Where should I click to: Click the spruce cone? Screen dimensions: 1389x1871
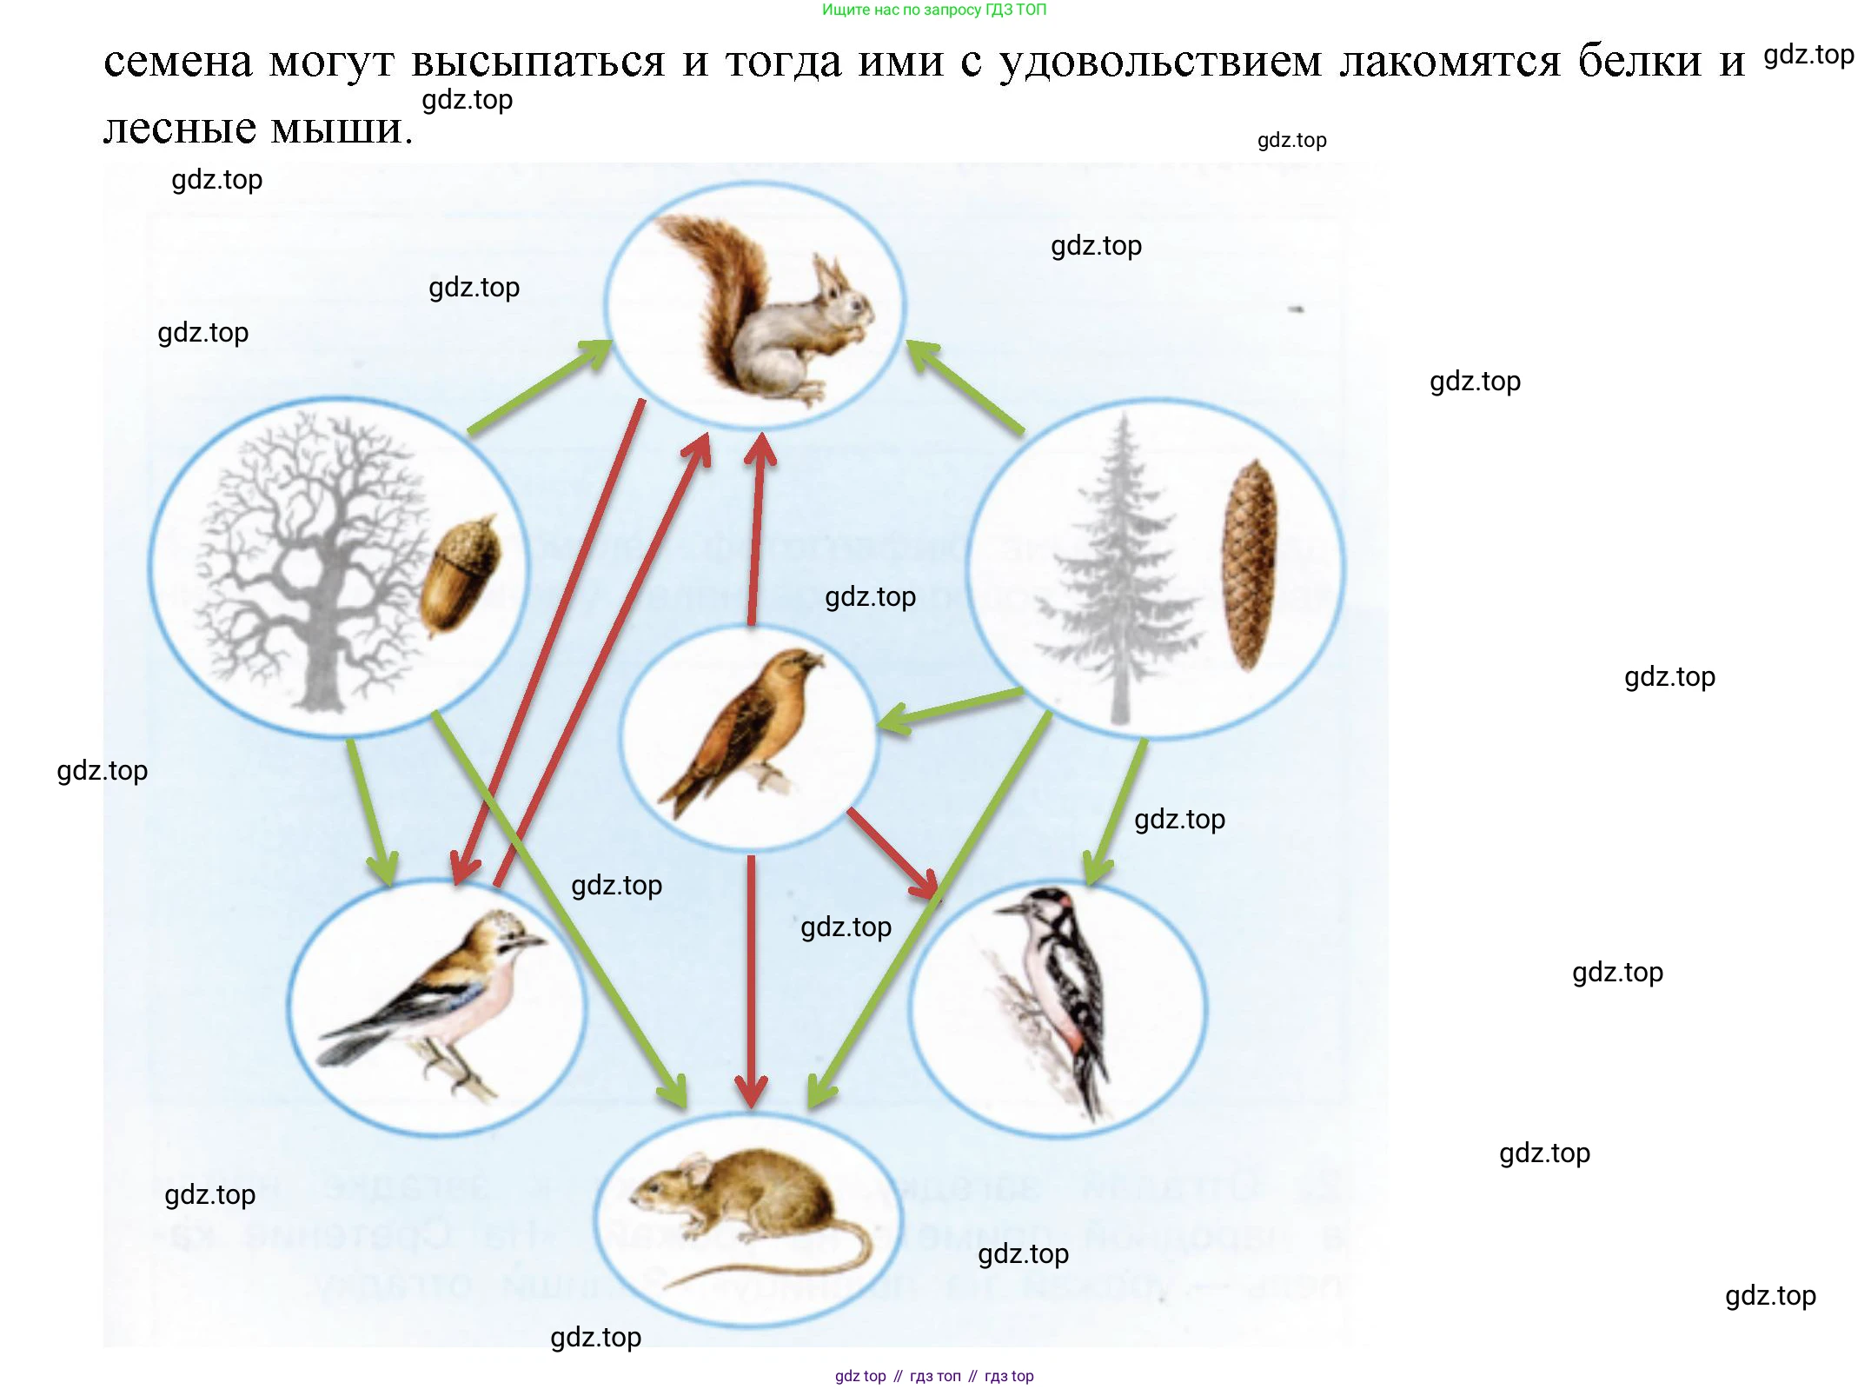tap(1249, 565)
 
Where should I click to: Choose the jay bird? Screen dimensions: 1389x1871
tap(443, 1000)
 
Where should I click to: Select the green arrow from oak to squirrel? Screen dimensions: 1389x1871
tap(539, 387)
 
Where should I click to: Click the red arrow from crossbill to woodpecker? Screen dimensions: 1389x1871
tap(891, 852)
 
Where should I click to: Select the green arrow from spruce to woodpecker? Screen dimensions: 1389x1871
tap(1117, 808)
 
